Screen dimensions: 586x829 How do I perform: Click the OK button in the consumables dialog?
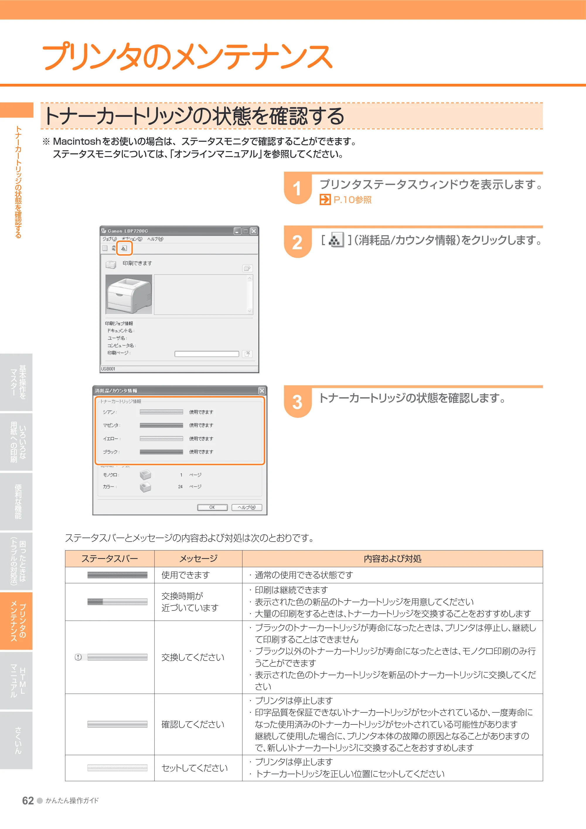click(212, 507)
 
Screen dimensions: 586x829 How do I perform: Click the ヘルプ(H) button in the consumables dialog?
click(247, 507)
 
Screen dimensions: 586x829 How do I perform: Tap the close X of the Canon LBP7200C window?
click(254, 231)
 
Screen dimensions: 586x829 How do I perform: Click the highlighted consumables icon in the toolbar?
click(124, 248)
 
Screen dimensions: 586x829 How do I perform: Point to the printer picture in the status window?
click(129, 294)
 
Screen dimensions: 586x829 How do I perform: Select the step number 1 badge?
click(297, 188)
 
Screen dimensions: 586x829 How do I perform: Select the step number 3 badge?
click(297, 402)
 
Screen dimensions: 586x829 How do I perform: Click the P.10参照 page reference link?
click(345, 200)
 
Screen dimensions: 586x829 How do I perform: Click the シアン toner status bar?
click(161, 412)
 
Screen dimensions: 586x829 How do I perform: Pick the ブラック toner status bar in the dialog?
click(161, 452)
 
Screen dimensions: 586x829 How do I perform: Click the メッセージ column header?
click(198, 559)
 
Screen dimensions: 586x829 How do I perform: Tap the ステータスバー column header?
click(110, 559)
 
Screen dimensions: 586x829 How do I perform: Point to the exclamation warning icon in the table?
click(78, 657)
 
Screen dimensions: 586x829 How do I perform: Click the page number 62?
click(28, 801)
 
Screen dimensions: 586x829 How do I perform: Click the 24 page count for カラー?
click(180, 487)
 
